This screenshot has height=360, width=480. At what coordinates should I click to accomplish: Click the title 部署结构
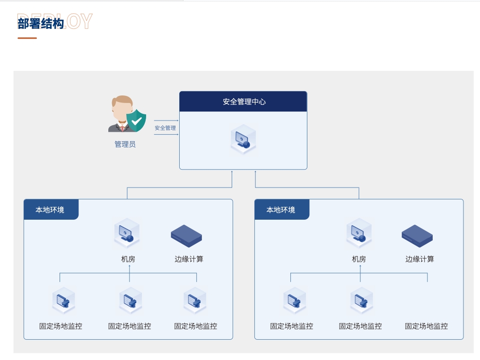tap(41, 24)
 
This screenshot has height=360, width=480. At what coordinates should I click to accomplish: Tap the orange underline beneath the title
tap(27, 38)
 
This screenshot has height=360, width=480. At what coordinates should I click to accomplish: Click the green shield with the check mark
tap(137, 120)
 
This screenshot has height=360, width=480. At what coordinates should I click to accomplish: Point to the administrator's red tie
tap(122, 127)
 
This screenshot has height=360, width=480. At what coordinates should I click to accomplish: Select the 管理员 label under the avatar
tap(125, 144)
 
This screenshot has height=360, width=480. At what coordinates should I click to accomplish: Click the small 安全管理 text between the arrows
tap(165, 128)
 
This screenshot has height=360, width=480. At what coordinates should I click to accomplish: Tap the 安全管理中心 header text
tap(244, 102)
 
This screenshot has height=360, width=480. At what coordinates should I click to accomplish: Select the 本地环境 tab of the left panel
tap(50, 210)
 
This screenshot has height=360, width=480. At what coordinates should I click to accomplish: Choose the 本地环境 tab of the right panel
tap(281, 210)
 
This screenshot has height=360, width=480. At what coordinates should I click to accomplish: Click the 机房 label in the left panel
tap(128, 259)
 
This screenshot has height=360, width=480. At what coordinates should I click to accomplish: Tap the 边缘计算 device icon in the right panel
tap(417, 235)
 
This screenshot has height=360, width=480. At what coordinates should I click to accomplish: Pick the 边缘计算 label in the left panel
tap(189, 259)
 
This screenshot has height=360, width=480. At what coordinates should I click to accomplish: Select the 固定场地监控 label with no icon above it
tap(426, 326)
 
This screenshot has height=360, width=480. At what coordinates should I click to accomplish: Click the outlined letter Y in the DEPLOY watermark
tap(86, 22)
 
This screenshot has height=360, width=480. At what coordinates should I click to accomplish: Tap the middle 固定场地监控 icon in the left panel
tap(129, 300)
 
